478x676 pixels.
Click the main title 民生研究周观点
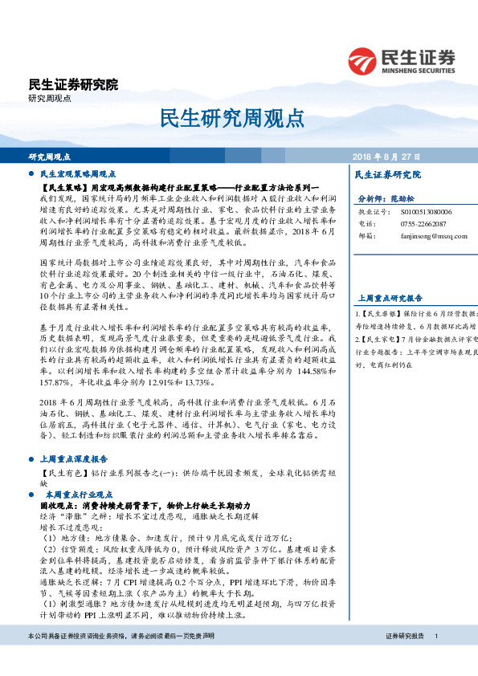point(238,117)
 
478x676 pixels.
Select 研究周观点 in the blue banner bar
point(50,157)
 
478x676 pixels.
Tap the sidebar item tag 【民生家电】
point(384,340)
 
